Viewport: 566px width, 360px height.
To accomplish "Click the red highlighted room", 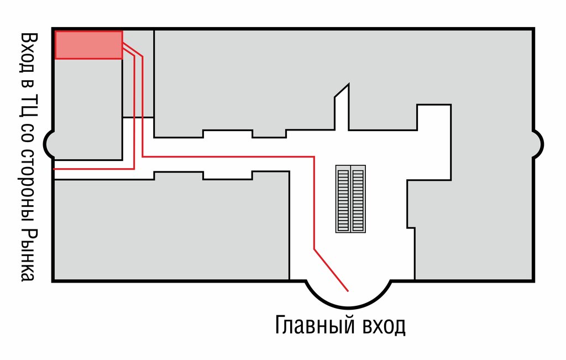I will coord(88,45).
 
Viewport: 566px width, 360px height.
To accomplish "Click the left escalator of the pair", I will coord(343,199).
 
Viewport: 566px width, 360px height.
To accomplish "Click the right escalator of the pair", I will coord(358,199).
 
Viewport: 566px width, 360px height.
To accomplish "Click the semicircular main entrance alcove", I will coord(349,293).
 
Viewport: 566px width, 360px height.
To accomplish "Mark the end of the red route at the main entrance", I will coord(348,290).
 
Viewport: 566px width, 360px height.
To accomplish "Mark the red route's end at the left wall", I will coord(55,169).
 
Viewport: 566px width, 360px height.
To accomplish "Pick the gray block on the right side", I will coord(475,221).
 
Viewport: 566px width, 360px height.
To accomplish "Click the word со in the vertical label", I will coord(28,142).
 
